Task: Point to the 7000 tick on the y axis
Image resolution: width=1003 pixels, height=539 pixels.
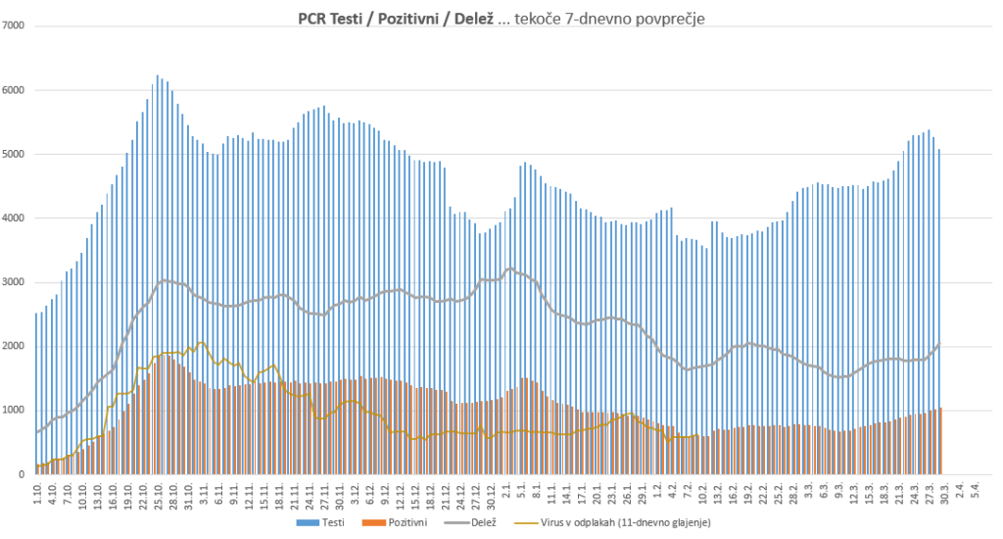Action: (14, 25)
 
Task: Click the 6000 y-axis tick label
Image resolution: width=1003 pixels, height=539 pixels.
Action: (14, 90)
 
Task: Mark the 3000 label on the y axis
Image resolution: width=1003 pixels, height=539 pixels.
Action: (14, 282)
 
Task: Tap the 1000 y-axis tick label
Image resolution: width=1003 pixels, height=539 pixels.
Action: (14, 411)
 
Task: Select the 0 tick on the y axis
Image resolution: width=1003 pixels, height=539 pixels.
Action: (22, 474)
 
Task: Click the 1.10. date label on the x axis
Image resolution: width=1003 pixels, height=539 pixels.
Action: (37, 493)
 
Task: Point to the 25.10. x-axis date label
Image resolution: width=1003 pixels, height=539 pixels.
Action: (159, 496)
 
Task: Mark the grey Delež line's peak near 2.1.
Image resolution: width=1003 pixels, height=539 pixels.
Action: (510, 268)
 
